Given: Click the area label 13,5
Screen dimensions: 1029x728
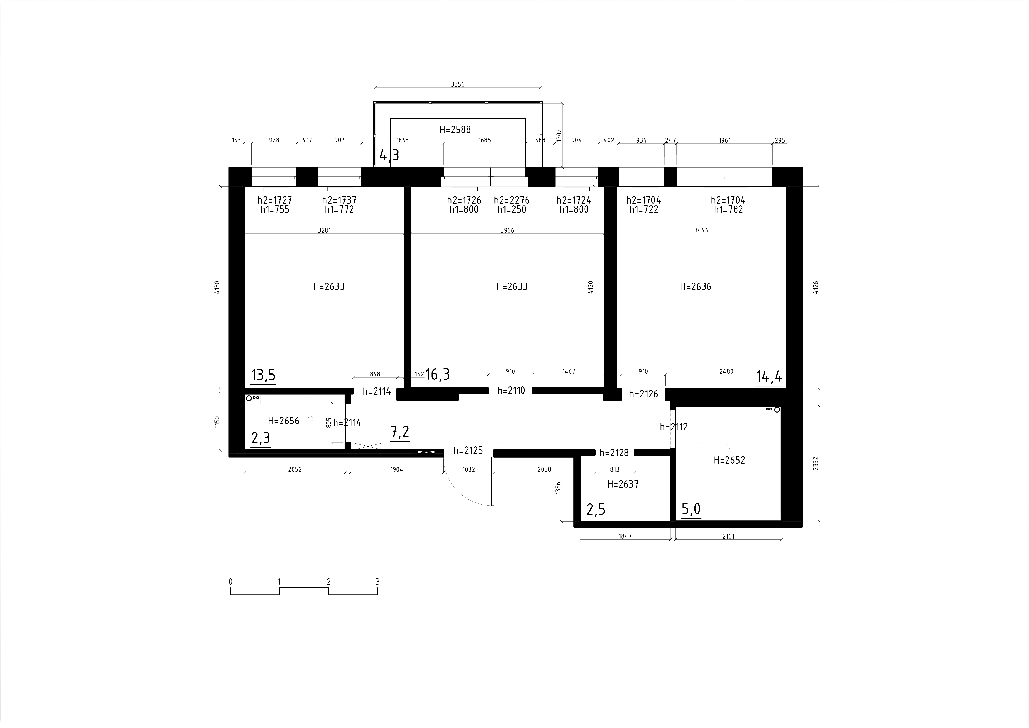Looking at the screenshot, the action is click(263, 375).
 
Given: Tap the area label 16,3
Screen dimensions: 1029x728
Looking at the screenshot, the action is click(437, 374).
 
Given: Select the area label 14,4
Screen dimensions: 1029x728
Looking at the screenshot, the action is click(769, 377).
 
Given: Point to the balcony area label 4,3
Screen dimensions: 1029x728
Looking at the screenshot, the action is click(389, 155).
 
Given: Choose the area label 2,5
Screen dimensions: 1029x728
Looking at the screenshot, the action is click(596, 510).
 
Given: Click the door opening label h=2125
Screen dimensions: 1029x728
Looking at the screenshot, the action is click(468, 450).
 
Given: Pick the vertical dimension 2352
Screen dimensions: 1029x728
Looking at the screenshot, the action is click(816, 463).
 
